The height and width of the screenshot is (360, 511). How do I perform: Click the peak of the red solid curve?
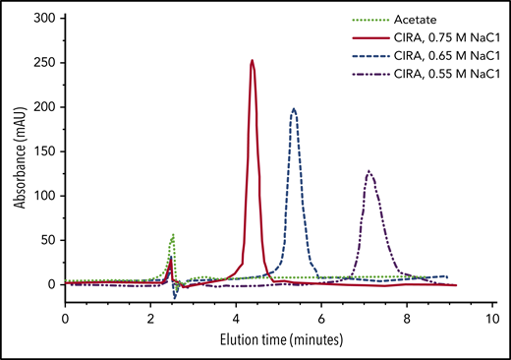click(x=253, y=61)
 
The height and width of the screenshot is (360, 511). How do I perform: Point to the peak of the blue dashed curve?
click(x=294, y=108)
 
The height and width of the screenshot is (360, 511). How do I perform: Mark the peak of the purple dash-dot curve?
click(x=369, y=171)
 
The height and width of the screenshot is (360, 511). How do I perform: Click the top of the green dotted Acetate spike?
click(x=174, y=234)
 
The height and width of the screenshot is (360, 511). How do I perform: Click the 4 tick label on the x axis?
click(x=236, y=320)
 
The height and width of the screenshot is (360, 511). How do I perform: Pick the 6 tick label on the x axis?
click(x=321, y=320)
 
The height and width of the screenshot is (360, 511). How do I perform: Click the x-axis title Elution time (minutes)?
click(x=278, y=340)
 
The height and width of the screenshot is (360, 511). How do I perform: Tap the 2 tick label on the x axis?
click(x=150, y=320)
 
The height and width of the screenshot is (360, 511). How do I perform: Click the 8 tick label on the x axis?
click(x=407, y=320)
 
